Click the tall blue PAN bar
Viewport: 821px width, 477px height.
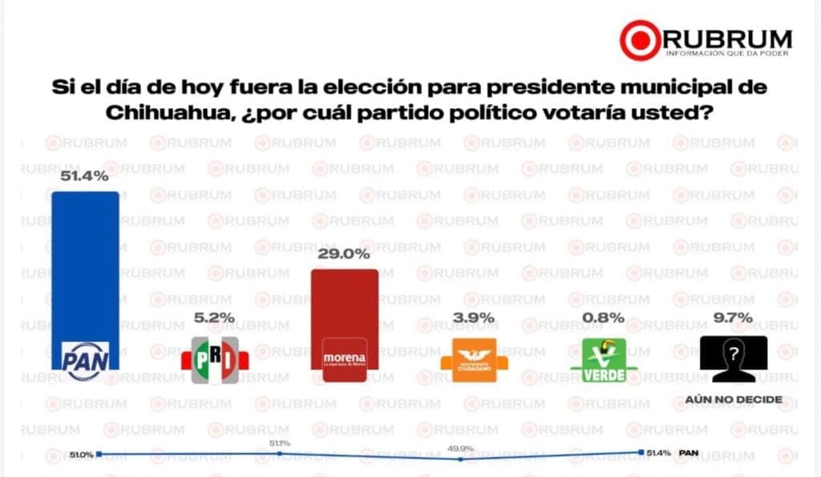click(x=85, y=265)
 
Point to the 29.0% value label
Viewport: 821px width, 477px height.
click(x=345, y=254)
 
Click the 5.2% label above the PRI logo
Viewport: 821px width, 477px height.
click(x=214, y=317)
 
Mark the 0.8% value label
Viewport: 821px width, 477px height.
click(x=604, y=317)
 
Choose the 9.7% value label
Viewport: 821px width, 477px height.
click(x=733, y=317)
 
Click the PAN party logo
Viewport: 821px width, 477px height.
click(x=85, y=356)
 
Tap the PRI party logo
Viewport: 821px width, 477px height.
click(x=214, y=358)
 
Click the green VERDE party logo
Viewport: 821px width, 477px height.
click(x=604, y=358)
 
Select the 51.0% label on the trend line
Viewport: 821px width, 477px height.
click(x=81, y=455)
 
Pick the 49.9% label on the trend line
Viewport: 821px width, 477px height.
click(x=459, y=447)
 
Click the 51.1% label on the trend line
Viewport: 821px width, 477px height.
click(x=280, y=443)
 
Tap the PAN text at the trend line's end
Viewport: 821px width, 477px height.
click(x=689, y=453)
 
